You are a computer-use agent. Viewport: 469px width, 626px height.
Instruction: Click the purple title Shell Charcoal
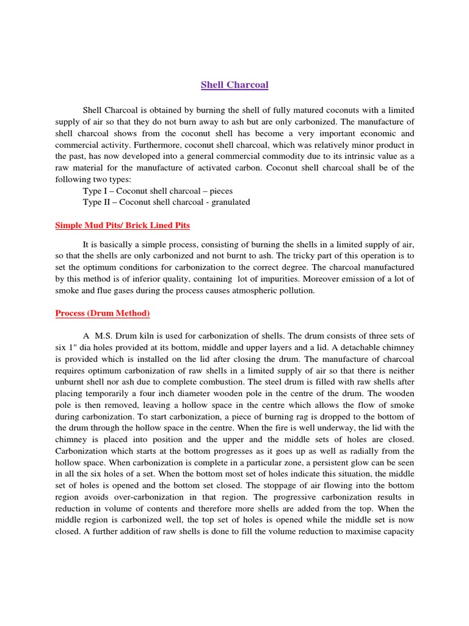tap(234, 85)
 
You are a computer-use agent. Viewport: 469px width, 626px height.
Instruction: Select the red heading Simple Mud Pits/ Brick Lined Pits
tap(122, 226)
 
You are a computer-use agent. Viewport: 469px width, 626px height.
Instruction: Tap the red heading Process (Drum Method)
tap(103, 314)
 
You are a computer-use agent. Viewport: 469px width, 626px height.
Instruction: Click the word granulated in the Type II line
tap(228, 202)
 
